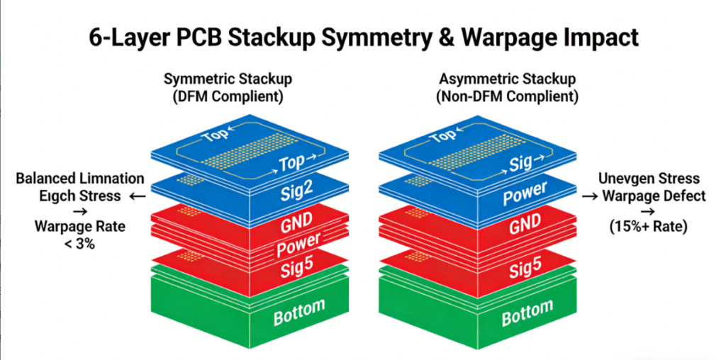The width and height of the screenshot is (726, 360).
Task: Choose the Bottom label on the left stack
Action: coord(299,312)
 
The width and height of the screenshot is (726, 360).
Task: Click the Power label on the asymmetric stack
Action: coord(525,193)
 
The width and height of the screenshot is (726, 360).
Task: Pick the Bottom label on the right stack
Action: coord(526,312)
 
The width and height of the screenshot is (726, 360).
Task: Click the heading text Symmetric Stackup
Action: coord(228,79)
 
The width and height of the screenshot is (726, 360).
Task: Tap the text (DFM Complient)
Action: coord(228,96)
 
